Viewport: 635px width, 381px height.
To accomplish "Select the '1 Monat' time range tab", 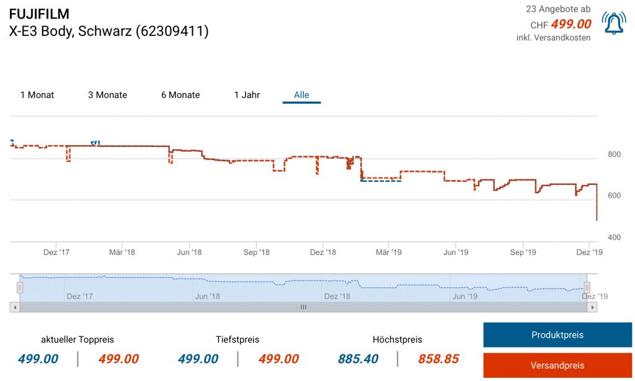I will pyautogui.click(x=37, y=95).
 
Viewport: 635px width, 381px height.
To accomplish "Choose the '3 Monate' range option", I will pyautogui.click(x=107, y=95).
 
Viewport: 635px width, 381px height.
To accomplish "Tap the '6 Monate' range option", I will pyautogui.click(x=180, y=95).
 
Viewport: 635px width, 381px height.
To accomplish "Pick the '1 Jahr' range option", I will pyautogui.click(x=247, y=95).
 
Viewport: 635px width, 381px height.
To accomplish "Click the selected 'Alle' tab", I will pyautogui.click(x=301, y=95).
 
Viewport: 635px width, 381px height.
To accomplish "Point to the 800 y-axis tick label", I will pyautogui.click(x=614, y=155).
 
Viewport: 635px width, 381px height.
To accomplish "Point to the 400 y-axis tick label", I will pyautogui.click(x=614, y=238).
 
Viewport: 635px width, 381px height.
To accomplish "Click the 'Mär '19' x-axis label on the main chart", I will pyautogui.click(x=389, y=253).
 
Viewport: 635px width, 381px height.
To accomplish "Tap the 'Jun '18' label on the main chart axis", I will pyautogui.click(x=189, y=253).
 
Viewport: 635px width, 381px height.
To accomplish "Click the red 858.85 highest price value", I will pyautogui.click(x=438, y=359).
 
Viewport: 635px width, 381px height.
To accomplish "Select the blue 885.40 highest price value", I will pyautogui.click(x=358, y=359).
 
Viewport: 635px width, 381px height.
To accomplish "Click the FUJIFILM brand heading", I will pyautogui.click(x=39, y=14).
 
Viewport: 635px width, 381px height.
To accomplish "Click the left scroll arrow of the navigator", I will pyautogui.click(x=14, y=307).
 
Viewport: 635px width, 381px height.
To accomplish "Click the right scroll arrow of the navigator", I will pyautogui.click(x=593, y=307).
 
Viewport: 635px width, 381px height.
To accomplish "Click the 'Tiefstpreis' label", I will pyautogui.click(x=238, y=339).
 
